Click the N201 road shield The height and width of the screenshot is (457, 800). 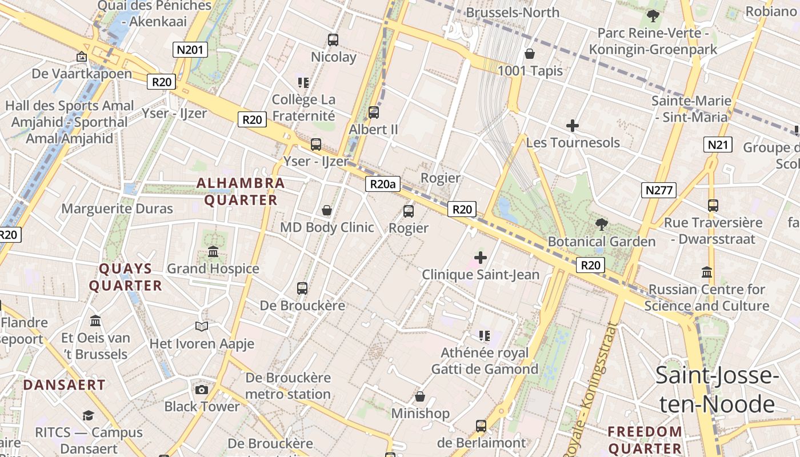[190, 50]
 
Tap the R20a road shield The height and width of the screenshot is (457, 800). [383, 184]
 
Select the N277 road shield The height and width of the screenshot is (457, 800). [658, 190]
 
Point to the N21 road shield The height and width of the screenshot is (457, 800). [718, 145]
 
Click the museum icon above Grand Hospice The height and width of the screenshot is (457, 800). [213, 251]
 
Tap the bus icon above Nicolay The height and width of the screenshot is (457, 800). [333, 40]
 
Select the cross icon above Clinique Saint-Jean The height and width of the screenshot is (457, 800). [481, 258]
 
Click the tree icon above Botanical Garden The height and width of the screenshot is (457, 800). [601, 225]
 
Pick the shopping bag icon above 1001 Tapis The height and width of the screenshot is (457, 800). [530, 54]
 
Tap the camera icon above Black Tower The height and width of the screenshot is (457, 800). [201, 390]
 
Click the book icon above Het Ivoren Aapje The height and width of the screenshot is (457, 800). [201, 326]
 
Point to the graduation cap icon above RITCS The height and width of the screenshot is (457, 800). [88, 415]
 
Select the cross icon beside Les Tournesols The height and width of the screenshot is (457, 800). [572, 126]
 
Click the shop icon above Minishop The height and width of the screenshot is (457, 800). [420, 396]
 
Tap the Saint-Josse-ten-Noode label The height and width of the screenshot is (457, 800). [717, 390]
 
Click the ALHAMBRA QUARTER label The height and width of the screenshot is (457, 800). [241, 192]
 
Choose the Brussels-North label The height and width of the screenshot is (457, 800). [513, 12]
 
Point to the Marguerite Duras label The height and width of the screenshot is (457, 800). [117, 209]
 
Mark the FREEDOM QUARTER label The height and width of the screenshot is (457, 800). [645, 440]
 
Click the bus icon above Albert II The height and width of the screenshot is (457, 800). [374, 113]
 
